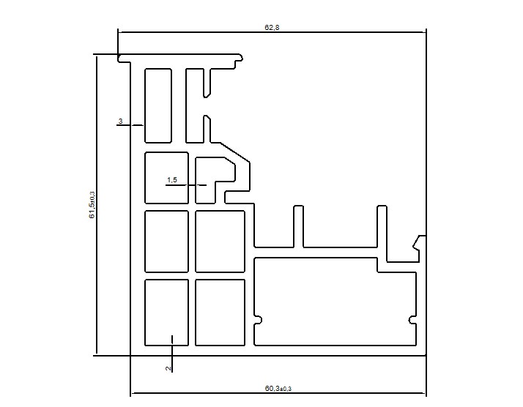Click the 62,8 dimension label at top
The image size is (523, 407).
[272, 27]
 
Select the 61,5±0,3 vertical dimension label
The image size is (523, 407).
[92, 205]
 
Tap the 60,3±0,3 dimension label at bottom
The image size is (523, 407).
[278, 388]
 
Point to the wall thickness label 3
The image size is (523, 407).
[120, 121]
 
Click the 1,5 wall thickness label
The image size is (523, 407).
[172, 180]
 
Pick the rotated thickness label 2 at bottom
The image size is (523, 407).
[168, 368]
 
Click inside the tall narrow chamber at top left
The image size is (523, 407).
[158, 105]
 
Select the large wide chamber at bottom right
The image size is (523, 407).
[335, 302]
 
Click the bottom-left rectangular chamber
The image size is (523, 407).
[166, 313]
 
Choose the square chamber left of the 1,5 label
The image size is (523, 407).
[166, 178]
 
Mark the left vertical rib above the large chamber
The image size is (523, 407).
[299, 227]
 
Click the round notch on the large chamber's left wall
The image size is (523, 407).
[258, 320]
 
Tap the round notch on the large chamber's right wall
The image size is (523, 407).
[412, 320]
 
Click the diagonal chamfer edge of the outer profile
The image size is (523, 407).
[235, 152]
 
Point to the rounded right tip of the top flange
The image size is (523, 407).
[240, 58]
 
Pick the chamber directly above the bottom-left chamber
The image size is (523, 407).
[166, 242]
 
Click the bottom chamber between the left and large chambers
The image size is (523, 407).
[220, 313]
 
